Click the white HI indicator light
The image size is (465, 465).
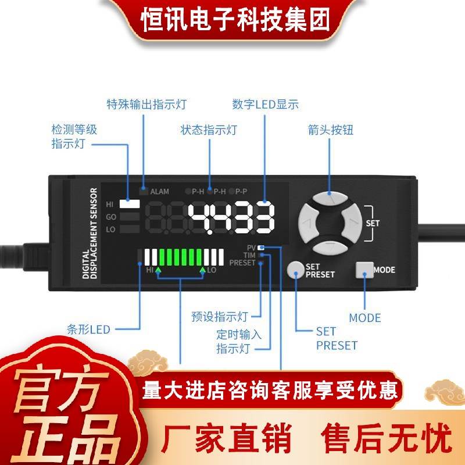pos(130,204)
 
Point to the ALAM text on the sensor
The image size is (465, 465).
pos(159,191)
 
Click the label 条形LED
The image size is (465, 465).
pos(88,330)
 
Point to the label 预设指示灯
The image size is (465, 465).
pos(220,317)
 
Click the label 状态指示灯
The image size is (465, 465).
pos(209,130)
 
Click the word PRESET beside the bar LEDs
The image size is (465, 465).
pos(242,263)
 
